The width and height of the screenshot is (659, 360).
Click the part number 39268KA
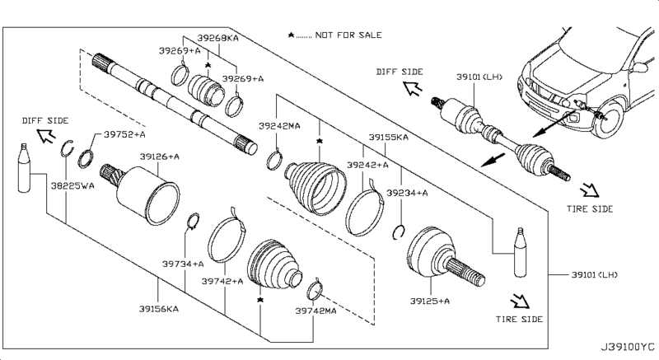coord(217,38)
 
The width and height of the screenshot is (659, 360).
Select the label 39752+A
coord(124,134)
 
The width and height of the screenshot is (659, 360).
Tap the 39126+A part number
coord(160,157)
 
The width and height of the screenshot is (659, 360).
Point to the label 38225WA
coord(72,185)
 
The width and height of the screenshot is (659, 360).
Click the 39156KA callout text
coord(159,309)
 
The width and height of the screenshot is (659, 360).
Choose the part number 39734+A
coord(183,264)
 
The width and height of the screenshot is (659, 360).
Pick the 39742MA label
coord(315,311)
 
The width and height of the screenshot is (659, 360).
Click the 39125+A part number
coord(430,302)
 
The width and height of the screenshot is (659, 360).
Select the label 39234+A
coord(407,193)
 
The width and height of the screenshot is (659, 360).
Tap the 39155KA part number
coord(388,138)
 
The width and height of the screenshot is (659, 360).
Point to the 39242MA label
coord(279,126)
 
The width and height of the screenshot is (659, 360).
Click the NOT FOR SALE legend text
coord(348,35)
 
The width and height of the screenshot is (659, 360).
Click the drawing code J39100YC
coord(627,347)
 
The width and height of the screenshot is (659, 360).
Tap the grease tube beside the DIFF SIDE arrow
coord(25,168)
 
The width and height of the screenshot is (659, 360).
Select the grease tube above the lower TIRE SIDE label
coord(521,252)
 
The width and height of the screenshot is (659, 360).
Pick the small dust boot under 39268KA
coord(206,90)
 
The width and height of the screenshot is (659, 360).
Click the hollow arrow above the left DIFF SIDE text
coord(46,135)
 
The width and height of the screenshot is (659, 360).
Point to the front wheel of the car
coord(607,119)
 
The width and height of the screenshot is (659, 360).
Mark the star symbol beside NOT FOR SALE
coord(291,35)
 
